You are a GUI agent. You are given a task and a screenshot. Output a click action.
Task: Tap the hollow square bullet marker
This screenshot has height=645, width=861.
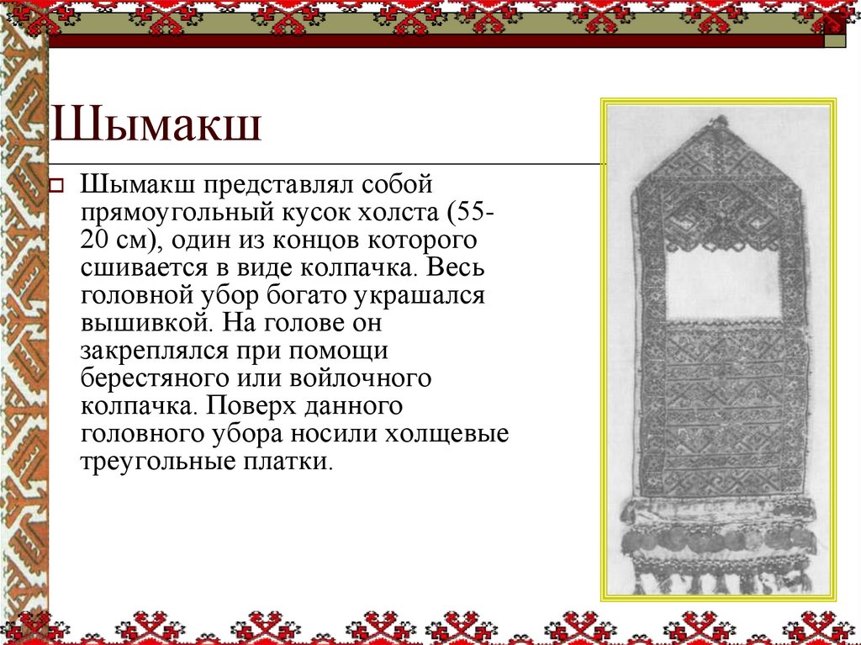tap(58, 185)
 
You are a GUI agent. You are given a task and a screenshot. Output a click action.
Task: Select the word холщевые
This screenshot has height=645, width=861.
tap(447, 434)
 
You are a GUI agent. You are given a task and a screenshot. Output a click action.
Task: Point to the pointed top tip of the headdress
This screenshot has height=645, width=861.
tap(719, 121)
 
